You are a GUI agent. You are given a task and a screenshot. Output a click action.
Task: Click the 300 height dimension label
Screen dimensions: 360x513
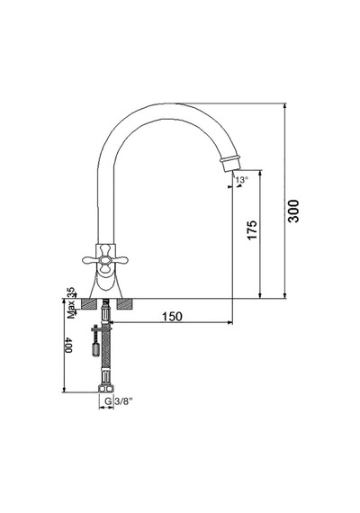point(293,211)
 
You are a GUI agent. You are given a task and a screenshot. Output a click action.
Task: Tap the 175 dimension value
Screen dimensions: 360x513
point(252,230)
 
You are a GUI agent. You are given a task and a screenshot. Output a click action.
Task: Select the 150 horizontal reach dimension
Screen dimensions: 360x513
point(172,317)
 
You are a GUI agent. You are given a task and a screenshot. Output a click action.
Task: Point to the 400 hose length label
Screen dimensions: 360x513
point(68,345)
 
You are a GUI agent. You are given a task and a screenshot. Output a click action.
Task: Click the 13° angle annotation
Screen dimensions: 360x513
point(242,180)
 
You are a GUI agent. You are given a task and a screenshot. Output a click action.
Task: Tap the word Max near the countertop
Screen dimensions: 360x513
point(71,310)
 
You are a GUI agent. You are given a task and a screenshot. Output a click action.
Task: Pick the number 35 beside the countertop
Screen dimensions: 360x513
point(71,292)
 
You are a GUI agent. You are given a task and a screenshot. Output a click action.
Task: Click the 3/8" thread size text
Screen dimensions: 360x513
point(123,401)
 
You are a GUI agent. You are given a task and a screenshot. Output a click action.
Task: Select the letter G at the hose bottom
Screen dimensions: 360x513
point(107,401)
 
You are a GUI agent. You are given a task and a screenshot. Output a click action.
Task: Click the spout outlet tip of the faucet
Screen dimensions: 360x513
point(232,166)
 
